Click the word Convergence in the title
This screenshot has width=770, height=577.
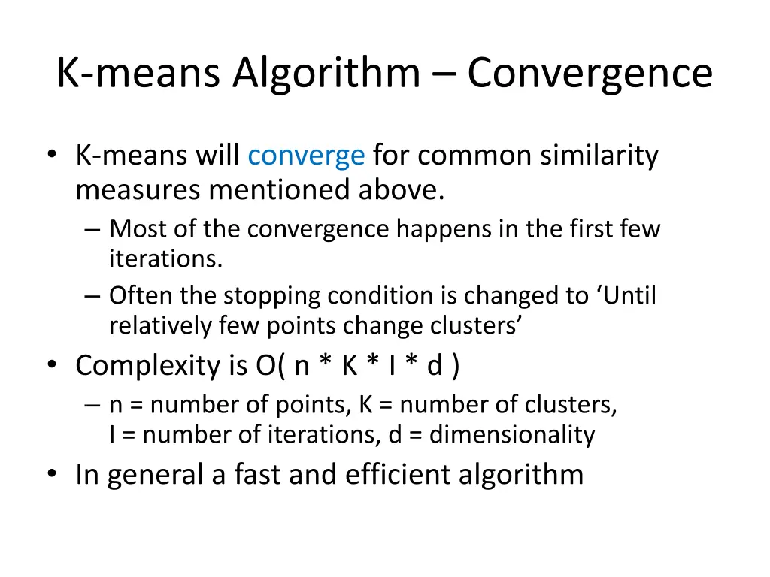coord(590,74)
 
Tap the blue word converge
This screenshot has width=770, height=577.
coord(306,156)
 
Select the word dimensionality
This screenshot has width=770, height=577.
coord(512,434)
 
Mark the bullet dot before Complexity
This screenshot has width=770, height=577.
coord(52,366)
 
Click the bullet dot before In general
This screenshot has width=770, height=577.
coord(52,474)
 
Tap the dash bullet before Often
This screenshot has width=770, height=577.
coord(92,296)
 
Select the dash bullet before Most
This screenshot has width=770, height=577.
coord(92,228)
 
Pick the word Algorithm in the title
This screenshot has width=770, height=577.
coord(326,74)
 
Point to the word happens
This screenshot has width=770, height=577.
coord(445,228)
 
